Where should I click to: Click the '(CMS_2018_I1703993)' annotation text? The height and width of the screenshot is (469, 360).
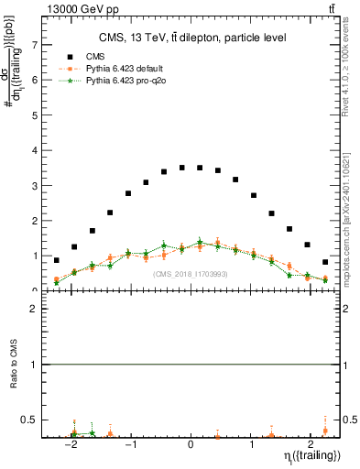(190, 274)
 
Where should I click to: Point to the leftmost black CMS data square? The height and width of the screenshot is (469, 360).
(56, 260)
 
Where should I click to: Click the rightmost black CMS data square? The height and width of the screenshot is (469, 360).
(325, 262)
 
